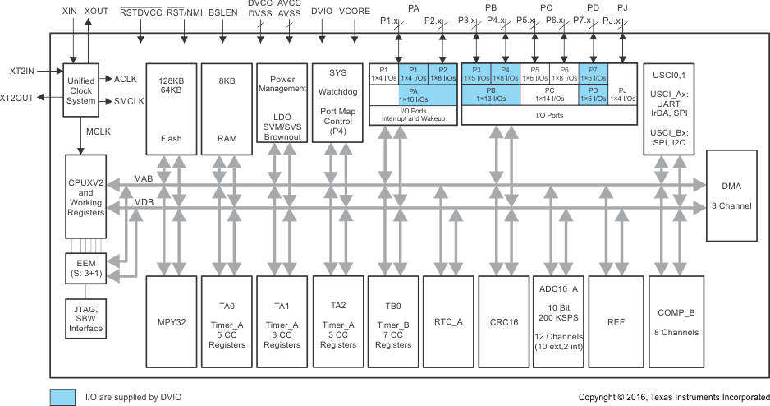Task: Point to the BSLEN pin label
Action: pyautogui.click(x=222, y=14)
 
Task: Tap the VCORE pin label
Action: pyautogui.click(x=355, y=14)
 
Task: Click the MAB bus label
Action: pyautogui.click(x=143, y=178)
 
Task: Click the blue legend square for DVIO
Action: pyautogui.click(x=62, y=397)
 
